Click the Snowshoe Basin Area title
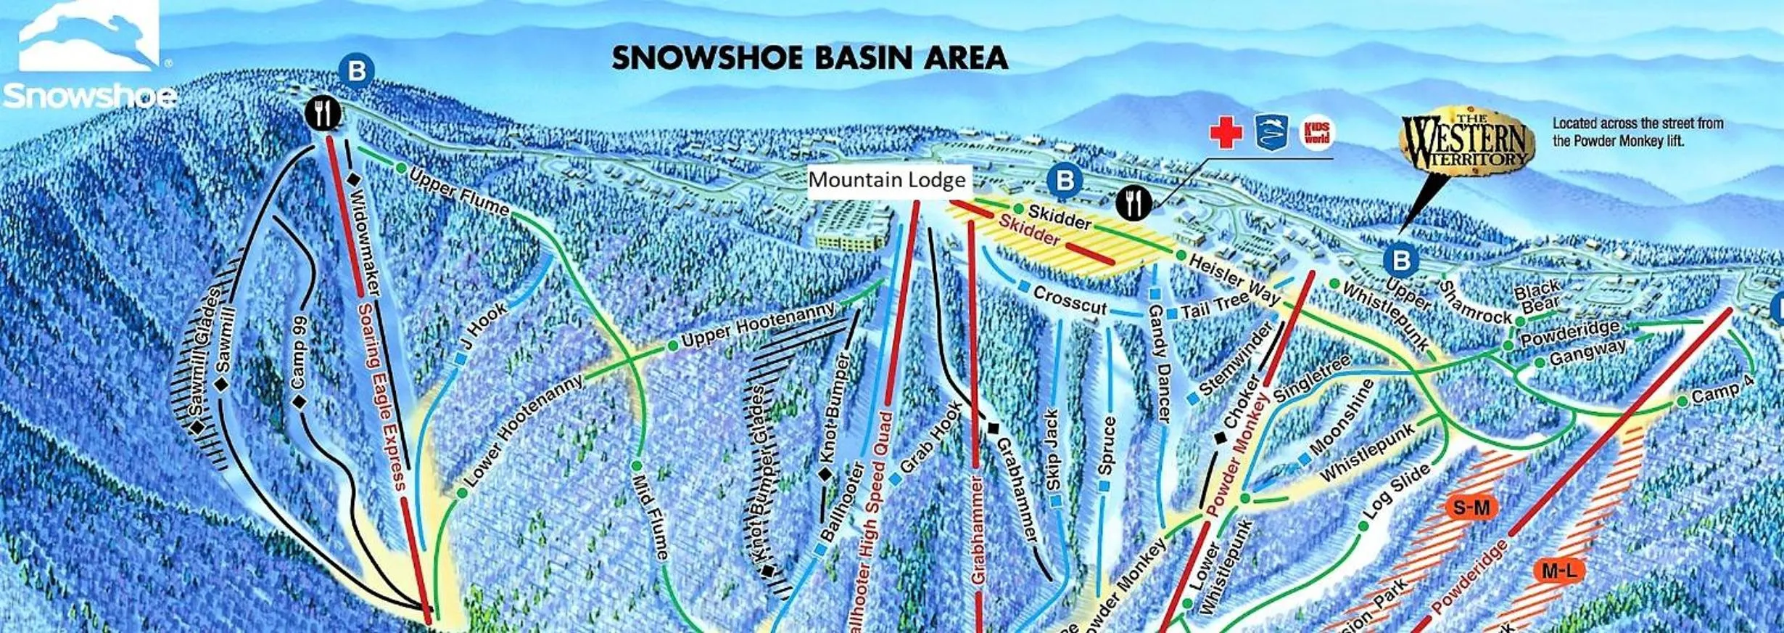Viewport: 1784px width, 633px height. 809,58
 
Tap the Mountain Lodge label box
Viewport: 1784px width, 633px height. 886,180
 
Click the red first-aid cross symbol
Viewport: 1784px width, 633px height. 1226,134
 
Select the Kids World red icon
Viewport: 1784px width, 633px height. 1316,134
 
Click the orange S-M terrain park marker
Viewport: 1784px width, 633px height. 1471,507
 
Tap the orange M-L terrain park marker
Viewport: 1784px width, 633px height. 1558,571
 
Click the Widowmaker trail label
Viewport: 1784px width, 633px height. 363,242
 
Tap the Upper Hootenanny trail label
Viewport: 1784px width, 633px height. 757,324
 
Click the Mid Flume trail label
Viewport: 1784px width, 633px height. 650,516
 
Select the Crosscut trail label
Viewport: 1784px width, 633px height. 1070,300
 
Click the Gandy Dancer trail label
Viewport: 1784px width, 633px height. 1158,363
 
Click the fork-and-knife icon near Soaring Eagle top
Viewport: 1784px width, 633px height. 323,113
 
